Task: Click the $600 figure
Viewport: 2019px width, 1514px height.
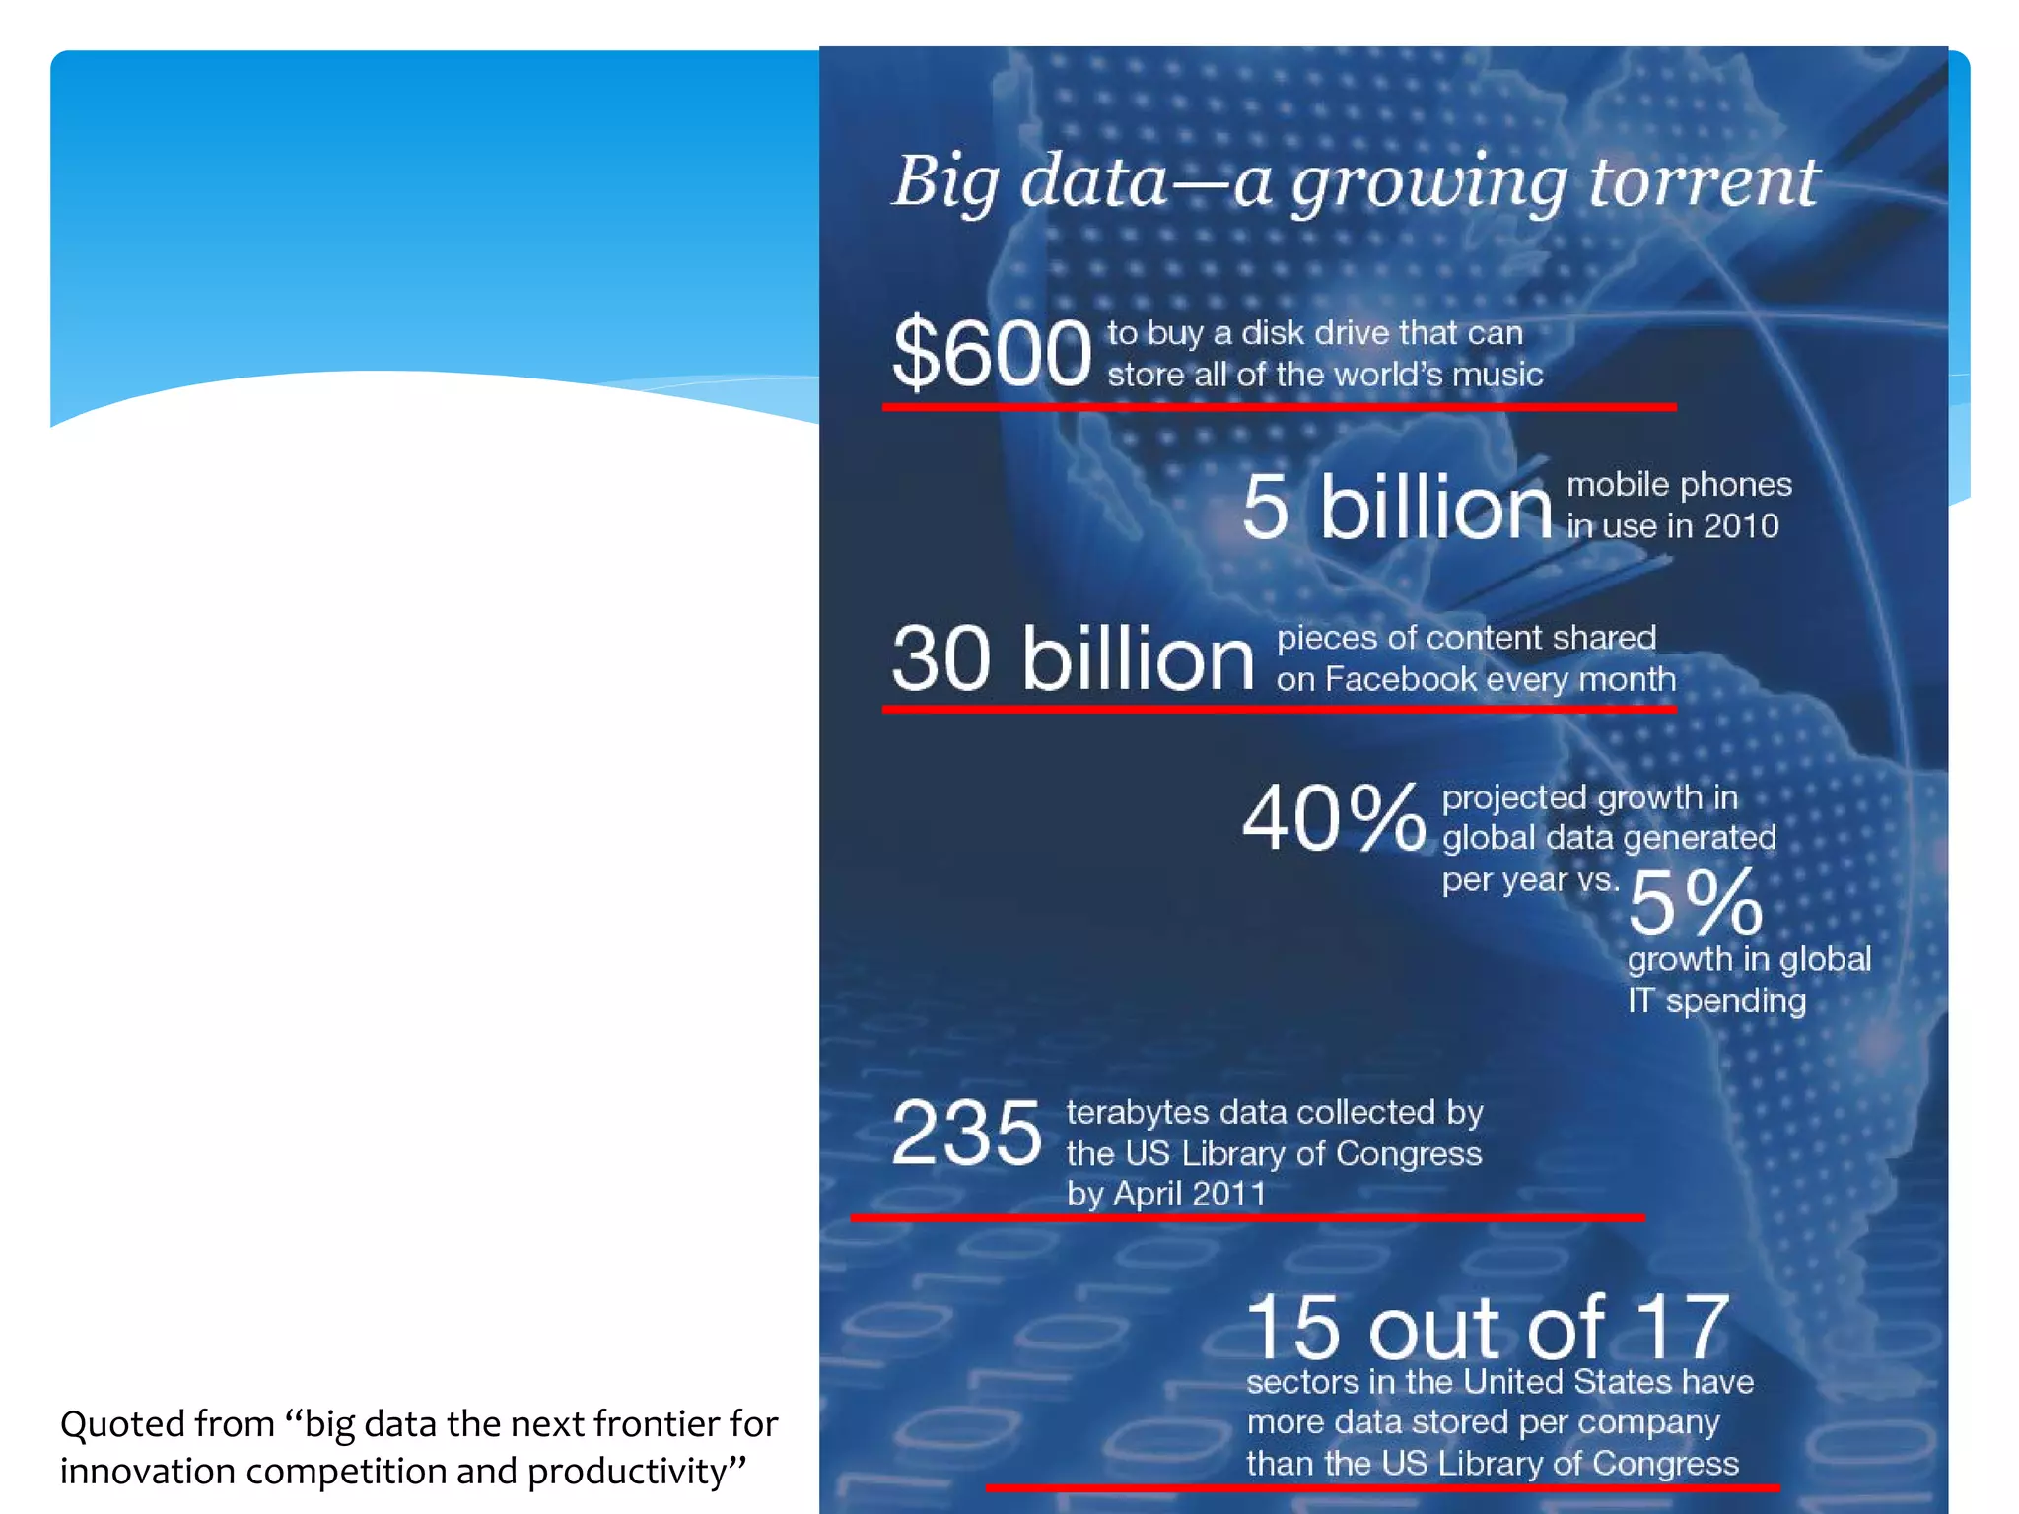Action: coord(991,352)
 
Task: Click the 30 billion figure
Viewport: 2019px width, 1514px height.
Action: coord(1073,657)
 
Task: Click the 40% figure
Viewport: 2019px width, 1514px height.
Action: coord(1333,817)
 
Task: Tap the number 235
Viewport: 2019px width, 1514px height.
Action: coord(966,1134)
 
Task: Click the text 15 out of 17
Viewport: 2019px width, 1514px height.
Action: coord(1487,1327)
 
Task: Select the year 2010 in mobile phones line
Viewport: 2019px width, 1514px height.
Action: coord(1740,525)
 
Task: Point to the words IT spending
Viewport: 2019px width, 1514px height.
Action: coord(1716,1000)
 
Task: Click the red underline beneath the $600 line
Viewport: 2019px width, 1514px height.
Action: coord(1279,406)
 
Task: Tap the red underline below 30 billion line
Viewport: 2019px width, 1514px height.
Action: coord(1279,708)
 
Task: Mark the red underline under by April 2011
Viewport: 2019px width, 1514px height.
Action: coord(1247,1217)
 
